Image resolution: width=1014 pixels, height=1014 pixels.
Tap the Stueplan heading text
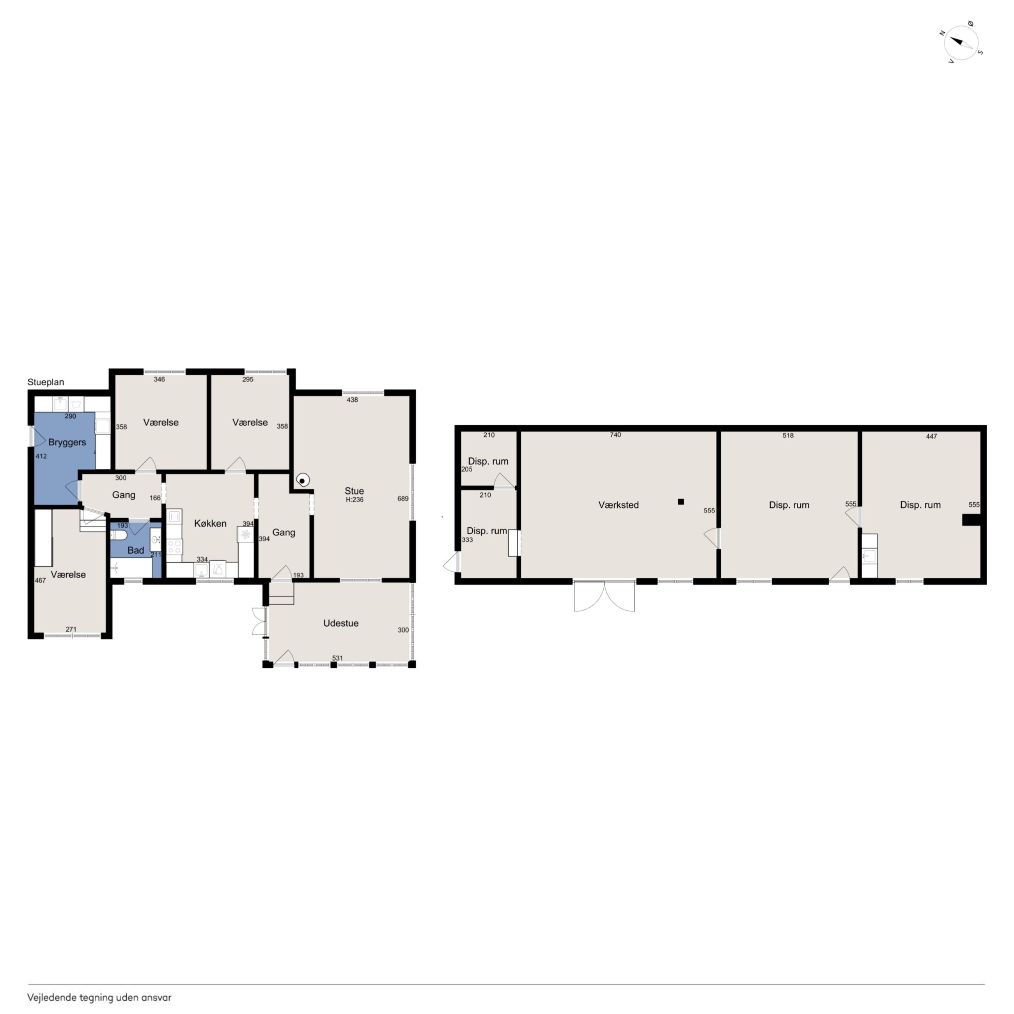(46, 382)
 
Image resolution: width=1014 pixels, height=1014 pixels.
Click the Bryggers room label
(67, 442)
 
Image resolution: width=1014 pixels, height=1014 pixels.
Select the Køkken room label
(210, 523)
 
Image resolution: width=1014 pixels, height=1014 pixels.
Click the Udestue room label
(340, 623)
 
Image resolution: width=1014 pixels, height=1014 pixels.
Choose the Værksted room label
(618, 505)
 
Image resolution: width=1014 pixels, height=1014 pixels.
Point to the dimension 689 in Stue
(402, 498)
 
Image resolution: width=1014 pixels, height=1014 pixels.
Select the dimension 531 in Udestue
(337, 658)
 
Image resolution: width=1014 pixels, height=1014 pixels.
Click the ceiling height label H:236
(354, 500)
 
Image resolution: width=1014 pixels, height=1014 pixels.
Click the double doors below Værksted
(604, 596)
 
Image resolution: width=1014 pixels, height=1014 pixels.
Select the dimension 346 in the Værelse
(159, 379)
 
